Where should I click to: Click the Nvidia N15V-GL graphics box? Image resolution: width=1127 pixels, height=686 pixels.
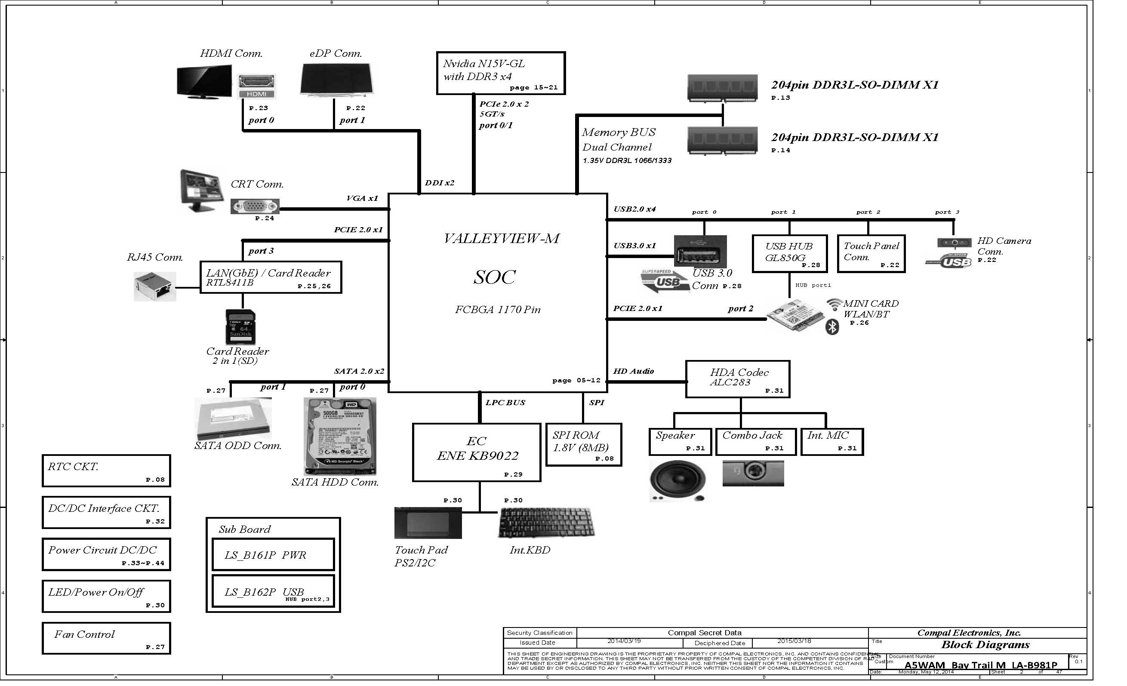tap(500, 73)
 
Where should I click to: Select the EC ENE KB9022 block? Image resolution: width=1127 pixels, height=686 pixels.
tap(477, 452)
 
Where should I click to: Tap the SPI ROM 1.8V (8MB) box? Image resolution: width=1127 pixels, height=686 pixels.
tap(584, 445)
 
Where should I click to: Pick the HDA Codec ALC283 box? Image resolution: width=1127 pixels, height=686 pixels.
tap(737, 379)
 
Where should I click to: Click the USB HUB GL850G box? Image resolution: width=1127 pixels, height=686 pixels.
tap(789, 254)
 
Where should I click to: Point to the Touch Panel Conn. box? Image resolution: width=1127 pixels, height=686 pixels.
tap(871, 254)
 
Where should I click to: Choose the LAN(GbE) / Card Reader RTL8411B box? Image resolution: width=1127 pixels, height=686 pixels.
tap(271, 277)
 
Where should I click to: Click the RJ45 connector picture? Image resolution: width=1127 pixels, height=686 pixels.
tap(154, 287)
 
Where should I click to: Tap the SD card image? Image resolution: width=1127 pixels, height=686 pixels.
tap(240, 327)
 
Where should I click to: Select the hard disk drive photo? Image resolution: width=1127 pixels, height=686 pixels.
tap(340, 436)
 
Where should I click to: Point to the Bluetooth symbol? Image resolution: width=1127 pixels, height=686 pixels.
tap(832, 327)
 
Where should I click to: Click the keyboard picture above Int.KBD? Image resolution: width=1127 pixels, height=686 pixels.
tap(546, 523)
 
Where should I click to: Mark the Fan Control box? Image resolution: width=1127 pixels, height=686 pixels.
tap(106, 638)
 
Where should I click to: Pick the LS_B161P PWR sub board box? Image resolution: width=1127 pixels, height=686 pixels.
tap(273, 555)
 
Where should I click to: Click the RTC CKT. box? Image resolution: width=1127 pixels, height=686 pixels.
tap(106, 471)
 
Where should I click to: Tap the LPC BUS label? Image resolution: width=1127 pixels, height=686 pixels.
tap(505, 403)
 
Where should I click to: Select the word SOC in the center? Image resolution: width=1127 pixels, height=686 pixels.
tap(494, 277)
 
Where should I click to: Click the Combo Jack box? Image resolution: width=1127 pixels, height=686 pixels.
tap(756, 442)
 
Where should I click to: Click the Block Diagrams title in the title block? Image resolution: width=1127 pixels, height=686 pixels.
tap(985, 645)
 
